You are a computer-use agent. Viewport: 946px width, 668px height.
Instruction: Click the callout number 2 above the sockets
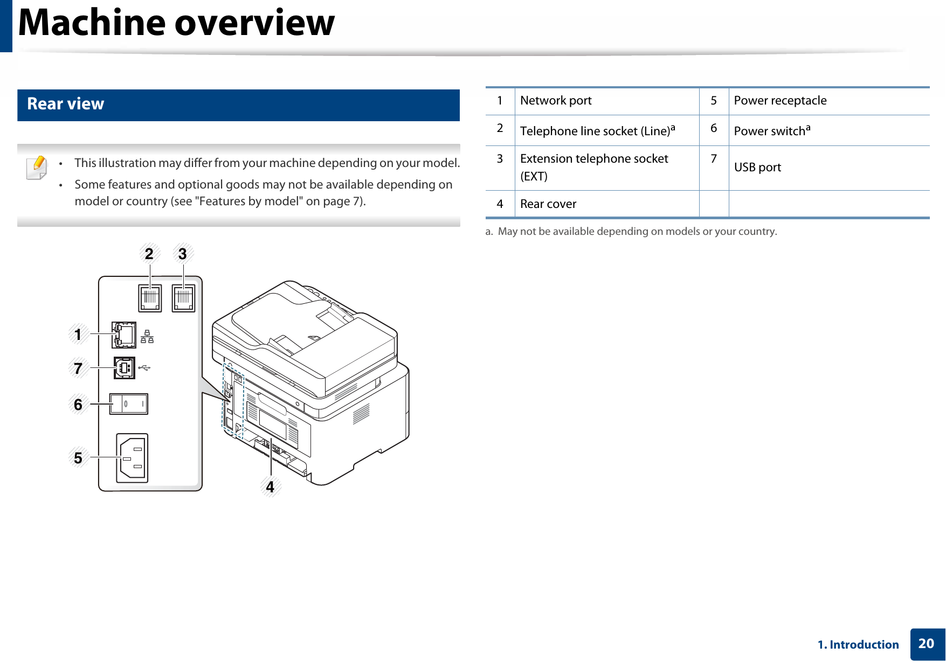pyautogui.click(x=149, y=254)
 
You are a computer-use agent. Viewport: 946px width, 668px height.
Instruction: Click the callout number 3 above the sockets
pyautogui.click(x=183, y=254)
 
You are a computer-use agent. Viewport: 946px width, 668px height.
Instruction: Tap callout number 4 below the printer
pyautogui.click(x=270, y=487)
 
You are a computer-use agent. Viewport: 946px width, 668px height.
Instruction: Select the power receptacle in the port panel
pyautogui.click(x=133, y=458)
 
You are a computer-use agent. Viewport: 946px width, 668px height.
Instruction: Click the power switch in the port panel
pyautogui.click(x=129, y=403)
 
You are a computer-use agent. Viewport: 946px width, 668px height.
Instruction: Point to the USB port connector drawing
pyautogui.click(x=125, y=368)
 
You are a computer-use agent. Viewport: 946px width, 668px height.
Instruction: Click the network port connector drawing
pyautogui.click(x=125, y=335)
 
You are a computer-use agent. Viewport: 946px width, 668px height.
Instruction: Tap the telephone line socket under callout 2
pyautogui.click(x=150, y=298)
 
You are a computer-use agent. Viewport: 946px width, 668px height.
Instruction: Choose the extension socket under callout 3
pyautogui.click(x=183, y=298)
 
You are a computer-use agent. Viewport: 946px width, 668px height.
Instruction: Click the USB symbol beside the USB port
pyautogui.click(x=144, y=368)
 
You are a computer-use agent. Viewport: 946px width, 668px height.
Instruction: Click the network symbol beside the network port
pyautogui.click(x=147, y=337)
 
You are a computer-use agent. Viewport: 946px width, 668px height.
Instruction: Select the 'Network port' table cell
pyautogui.click(x=556, y=101)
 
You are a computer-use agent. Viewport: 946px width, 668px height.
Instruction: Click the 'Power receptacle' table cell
pyautogui.click(x=780, y=101)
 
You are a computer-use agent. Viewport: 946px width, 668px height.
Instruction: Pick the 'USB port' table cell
pyautogui.click(x=757, y=168)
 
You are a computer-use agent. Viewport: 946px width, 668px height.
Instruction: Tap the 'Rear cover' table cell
pyautogui.click(x=548, y=204)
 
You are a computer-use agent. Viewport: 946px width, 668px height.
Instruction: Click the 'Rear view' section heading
pyautogui.click(x=66, y=104)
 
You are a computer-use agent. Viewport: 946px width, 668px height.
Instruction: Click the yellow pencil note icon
pyautogui.click(x=37, y=167)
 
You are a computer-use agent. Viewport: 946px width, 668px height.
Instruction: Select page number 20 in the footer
pyautogui.click(x=926, y=644)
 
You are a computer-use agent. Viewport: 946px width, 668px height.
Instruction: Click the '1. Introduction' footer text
pyautogui.click(x=858, y=645)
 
